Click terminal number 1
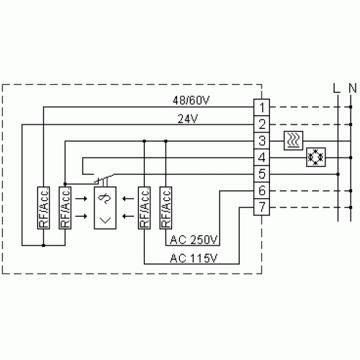coord(262,107)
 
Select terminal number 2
coord(262,124)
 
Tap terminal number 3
coord(262,141)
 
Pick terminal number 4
coord(262,158)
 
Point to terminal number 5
coord(262,174)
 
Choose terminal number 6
coord(262,191)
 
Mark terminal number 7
coord(262,207)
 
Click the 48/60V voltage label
coord(191,100)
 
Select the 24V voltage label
coord(188,119)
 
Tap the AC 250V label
coord(194,240)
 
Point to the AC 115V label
coord(194,258)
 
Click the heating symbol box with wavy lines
coord(293,140)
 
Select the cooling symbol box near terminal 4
coord(316,157)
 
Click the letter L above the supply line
coord(337,89)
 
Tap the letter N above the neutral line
coord(353,89)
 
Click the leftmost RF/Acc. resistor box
coord(43,208)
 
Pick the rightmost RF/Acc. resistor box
coord(166,208)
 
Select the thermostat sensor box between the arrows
coord(105,208)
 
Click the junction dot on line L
coord(338,174)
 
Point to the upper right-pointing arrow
coord(81,199)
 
